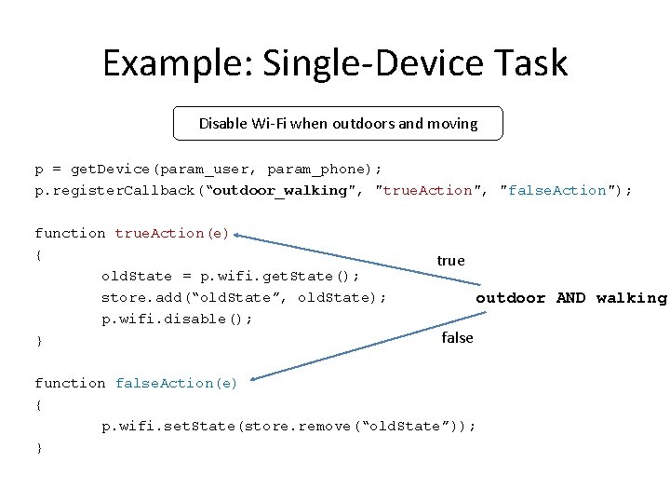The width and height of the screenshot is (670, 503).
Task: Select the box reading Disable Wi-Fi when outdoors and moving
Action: click(x=338, y=123)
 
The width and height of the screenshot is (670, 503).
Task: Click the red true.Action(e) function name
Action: click(x=172, y=233)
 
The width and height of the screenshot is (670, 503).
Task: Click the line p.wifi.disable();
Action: click(x=176, y=319)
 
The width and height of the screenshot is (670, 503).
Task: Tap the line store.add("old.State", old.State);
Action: click(x=244, y=297)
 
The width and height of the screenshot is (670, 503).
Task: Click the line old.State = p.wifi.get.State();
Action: click(x=230, y=276)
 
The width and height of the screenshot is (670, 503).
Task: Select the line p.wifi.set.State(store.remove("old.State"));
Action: click(x=288, y=426)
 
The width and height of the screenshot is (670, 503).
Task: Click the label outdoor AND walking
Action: click(x=570, y=298)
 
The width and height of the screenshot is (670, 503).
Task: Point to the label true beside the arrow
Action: click(x=450, y=261)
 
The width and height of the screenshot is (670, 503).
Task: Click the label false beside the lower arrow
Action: click(x=457, y=337)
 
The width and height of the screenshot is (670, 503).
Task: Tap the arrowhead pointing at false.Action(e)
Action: click(x=255, y=377)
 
